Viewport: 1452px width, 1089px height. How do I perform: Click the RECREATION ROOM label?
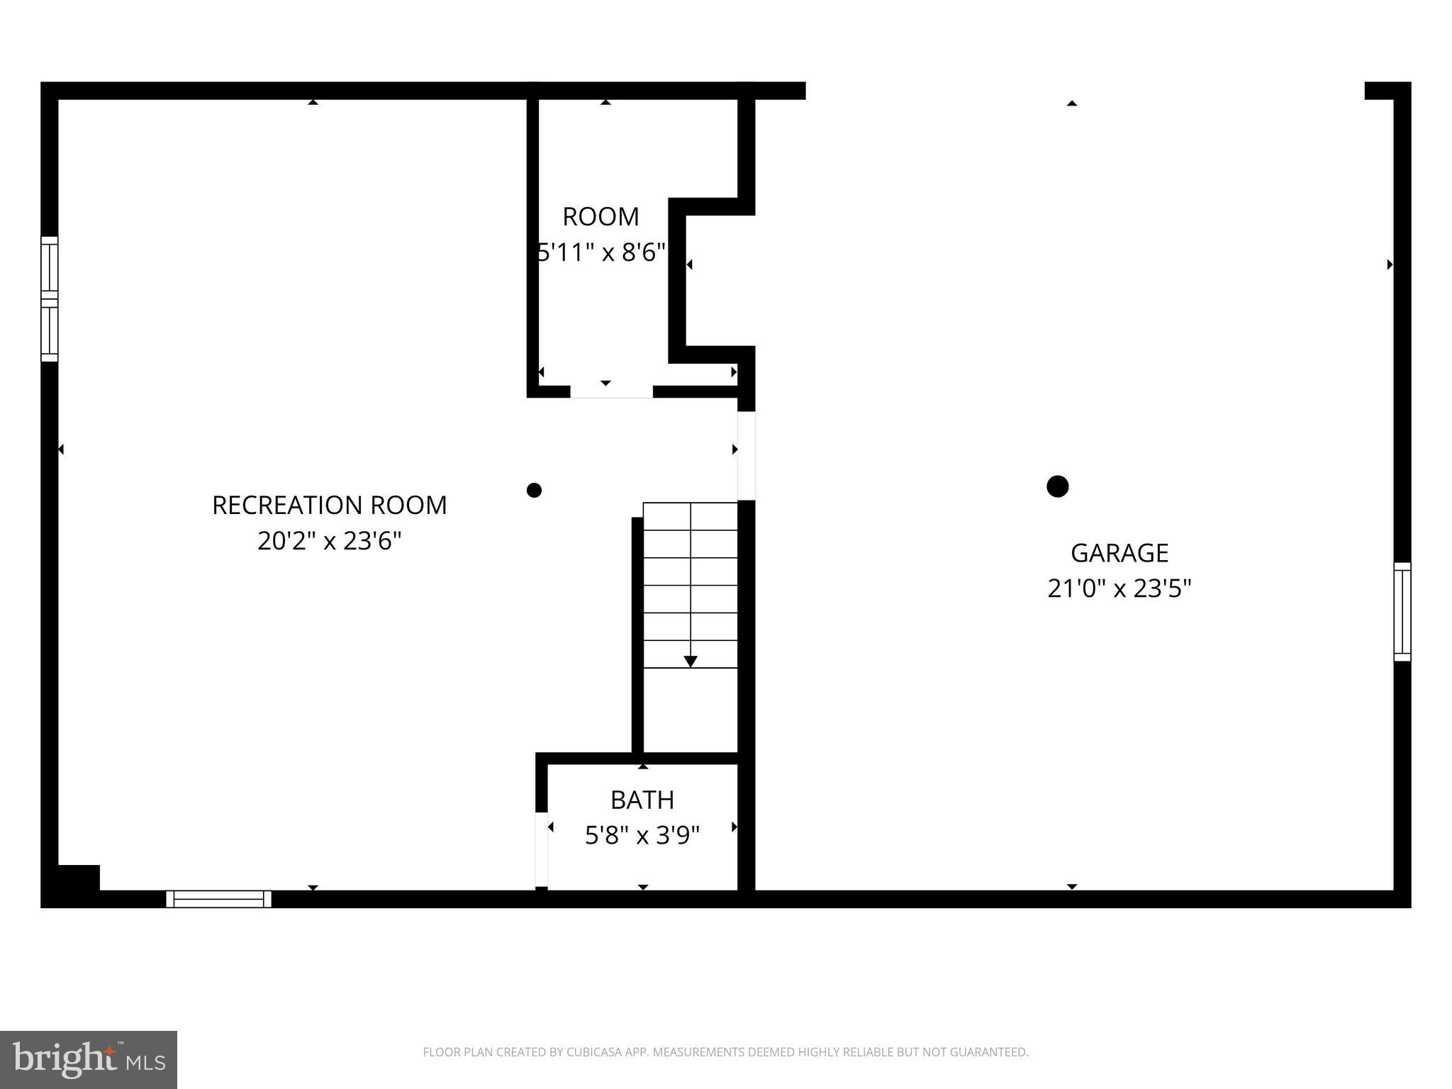330,506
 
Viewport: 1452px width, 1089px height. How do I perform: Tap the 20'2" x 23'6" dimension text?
330,542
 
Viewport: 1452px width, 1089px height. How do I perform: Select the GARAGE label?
1119,553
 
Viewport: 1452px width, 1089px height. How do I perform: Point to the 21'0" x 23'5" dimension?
1119,589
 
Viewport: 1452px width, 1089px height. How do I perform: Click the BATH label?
642,800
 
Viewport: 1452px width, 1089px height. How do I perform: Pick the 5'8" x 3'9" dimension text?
642,836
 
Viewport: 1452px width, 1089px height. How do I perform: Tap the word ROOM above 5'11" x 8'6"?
601,217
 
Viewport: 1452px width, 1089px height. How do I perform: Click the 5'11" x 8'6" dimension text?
602,252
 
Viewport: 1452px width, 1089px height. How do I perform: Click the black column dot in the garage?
1058,486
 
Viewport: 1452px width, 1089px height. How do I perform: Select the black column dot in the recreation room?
535,490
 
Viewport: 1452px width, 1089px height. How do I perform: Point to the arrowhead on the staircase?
691,661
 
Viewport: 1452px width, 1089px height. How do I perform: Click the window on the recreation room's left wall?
49,299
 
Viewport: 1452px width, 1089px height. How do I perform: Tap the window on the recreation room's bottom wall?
219,899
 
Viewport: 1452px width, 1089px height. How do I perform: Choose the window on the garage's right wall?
1402,612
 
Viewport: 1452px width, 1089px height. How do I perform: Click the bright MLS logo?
89,1060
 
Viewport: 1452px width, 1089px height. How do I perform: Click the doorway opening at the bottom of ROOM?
611,391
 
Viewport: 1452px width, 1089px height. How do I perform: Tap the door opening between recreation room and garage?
747,456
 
